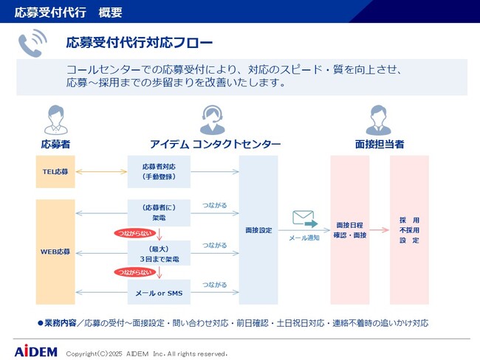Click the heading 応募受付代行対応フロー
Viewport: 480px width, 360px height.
click(139, 42)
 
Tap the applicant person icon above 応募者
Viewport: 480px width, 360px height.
click(55, 118)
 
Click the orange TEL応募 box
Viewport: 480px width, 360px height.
click(55, 172)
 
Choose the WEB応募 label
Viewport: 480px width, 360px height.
click(55, 252)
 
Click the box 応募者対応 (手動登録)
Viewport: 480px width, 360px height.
click(159, 172)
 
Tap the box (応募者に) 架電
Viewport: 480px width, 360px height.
click(159, 213)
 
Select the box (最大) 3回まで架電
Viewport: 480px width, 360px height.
click(159, 255)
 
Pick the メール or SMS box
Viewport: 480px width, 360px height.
click(159, 293)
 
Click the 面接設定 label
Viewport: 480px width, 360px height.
click(258, 230)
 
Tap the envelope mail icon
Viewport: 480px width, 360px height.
click(304, 218)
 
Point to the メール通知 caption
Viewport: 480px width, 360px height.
click(304, 238)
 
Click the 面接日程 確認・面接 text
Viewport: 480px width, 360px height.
click(350, 229)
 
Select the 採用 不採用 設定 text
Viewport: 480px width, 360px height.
click(409, 230)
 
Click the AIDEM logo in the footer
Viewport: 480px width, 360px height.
click(35, 351)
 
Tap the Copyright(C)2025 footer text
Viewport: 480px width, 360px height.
click(146, 353)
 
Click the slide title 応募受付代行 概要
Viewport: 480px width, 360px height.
click(68, 12)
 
